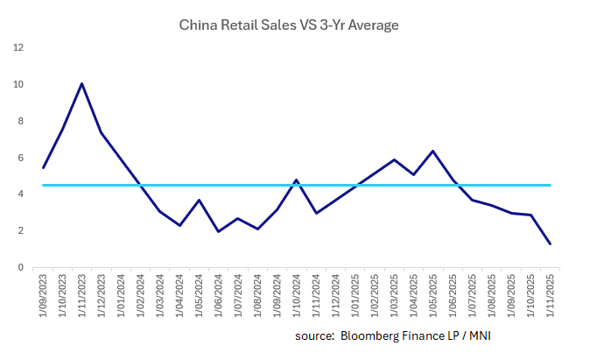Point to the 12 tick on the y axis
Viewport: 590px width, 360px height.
click(18, 47)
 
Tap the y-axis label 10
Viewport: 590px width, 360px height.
click(18, 84)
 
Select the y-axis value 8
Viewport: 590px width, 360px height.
click(20, 121)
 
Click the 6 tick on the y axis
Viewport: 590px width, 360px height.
click(20, 158)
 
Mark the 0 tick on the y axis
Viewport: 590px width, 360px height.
click(20, 267)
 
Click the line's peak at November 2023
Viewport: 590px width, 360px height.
click(81, 84)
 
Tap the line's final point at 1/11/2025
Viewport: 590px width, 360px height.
click(550, 244)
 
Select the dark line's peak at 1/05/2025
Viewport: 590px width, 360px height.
click(433, 151)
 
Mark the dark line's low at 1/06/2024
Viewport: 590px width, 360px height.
click(218, 231)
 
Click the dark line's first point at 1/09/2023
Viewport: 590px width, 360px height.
click(43, 167)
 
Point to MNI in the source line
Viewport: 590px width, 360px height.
click(490, 335)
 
